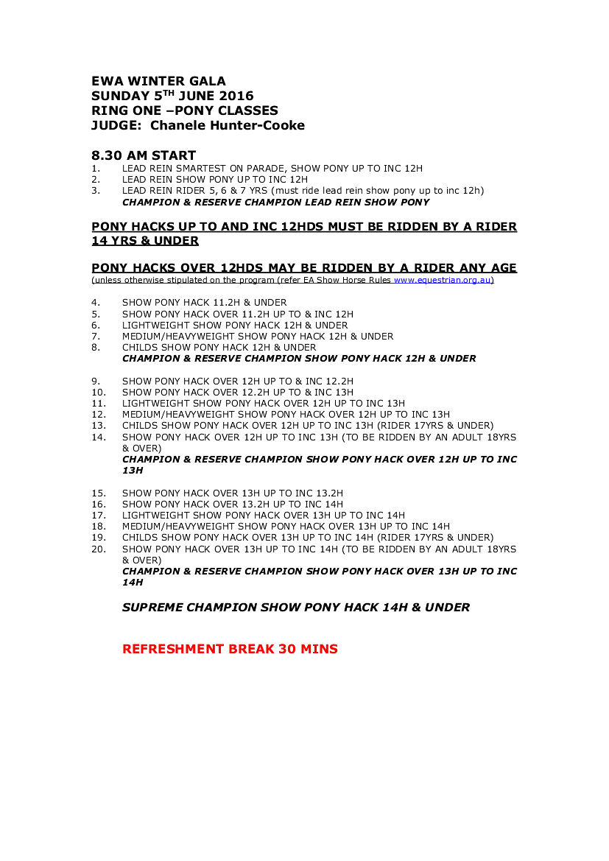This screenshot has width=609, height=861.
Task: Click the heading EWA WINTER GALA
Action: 158,81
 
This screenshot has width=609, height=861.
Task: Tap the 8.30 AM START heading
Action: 144,155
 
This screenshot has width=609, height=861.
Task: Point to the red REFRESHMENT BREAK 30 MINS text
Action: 230,649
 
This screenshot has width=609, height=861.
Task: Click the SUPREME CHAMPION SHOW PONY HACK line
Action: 295,608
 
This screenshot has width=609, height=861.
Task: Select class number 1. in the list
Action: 95,168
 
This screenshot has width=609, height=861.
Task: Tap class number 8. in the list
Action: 95,347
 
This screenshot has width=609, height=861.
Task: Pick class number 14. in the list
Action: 99,437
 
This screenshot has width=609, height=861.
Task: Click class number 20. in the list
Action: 99,549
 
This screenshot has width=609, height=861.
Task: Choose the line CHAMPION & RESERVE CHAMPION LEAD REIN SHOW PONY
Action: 275,202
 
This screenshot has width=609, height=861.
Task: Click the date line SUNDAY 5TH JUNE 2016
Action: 172,96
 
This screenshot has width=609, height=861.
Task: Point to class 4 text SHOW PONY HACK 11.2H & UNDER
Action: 204,302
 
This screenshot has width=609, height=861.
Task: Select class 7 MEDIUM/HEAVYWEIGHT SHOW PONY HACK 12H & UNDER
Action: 257,336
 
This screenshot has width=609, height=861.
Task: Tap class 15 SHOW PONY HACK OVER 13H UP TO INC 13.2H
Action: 232,493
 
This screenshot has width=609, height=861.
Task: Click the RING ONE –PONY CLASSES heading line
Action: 185,110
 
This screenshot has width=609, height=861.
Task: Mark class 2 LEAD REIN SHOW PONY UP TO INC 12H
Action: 214,179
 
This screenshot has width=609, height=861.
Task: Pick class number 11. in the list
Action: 99,403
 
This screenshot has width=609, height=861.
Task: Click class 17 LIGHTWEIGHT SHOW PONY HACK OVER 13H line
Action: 263,515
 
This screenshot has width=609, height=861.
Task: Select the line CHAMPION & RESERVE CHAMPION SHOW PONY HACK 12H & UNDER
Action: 298,359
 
